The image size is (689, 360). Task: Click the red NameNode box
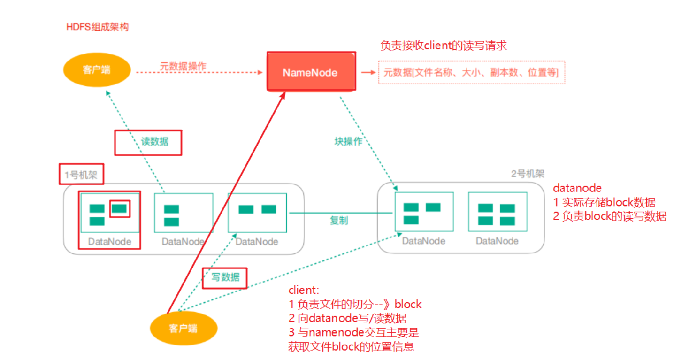point(310,72)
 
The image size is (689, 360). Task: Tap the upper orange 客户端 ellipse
point(96,70)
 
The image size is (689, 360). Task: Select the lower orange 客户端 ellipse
point(183,328)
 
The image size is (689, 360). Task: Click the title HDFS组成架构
point(97,27)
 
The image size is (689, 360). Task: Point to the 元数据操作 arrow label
point(183,66)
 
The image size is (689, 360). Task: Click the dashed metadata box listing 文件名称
point(471,72)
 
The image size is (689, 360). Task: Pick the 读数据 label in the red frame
point(154,141)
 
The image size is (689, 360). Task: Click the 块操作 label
point(349,141)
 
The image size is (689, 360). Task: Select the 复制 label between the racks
point(339,220)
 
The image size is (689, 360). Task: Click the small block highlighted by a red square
point(119,208)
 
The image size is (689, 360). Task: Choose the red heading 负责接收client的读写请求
point(444,46)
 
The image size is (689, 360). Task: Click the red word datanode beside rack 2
point(577,188)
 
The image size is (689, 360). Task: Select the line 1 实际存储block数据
point(604,202)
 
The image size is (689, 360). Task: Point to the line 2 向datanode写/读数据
point(347,318)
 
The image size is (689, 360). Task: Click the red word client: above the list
point(304,290)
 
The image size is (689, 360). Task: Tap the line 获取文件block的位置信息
point(351,347)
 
